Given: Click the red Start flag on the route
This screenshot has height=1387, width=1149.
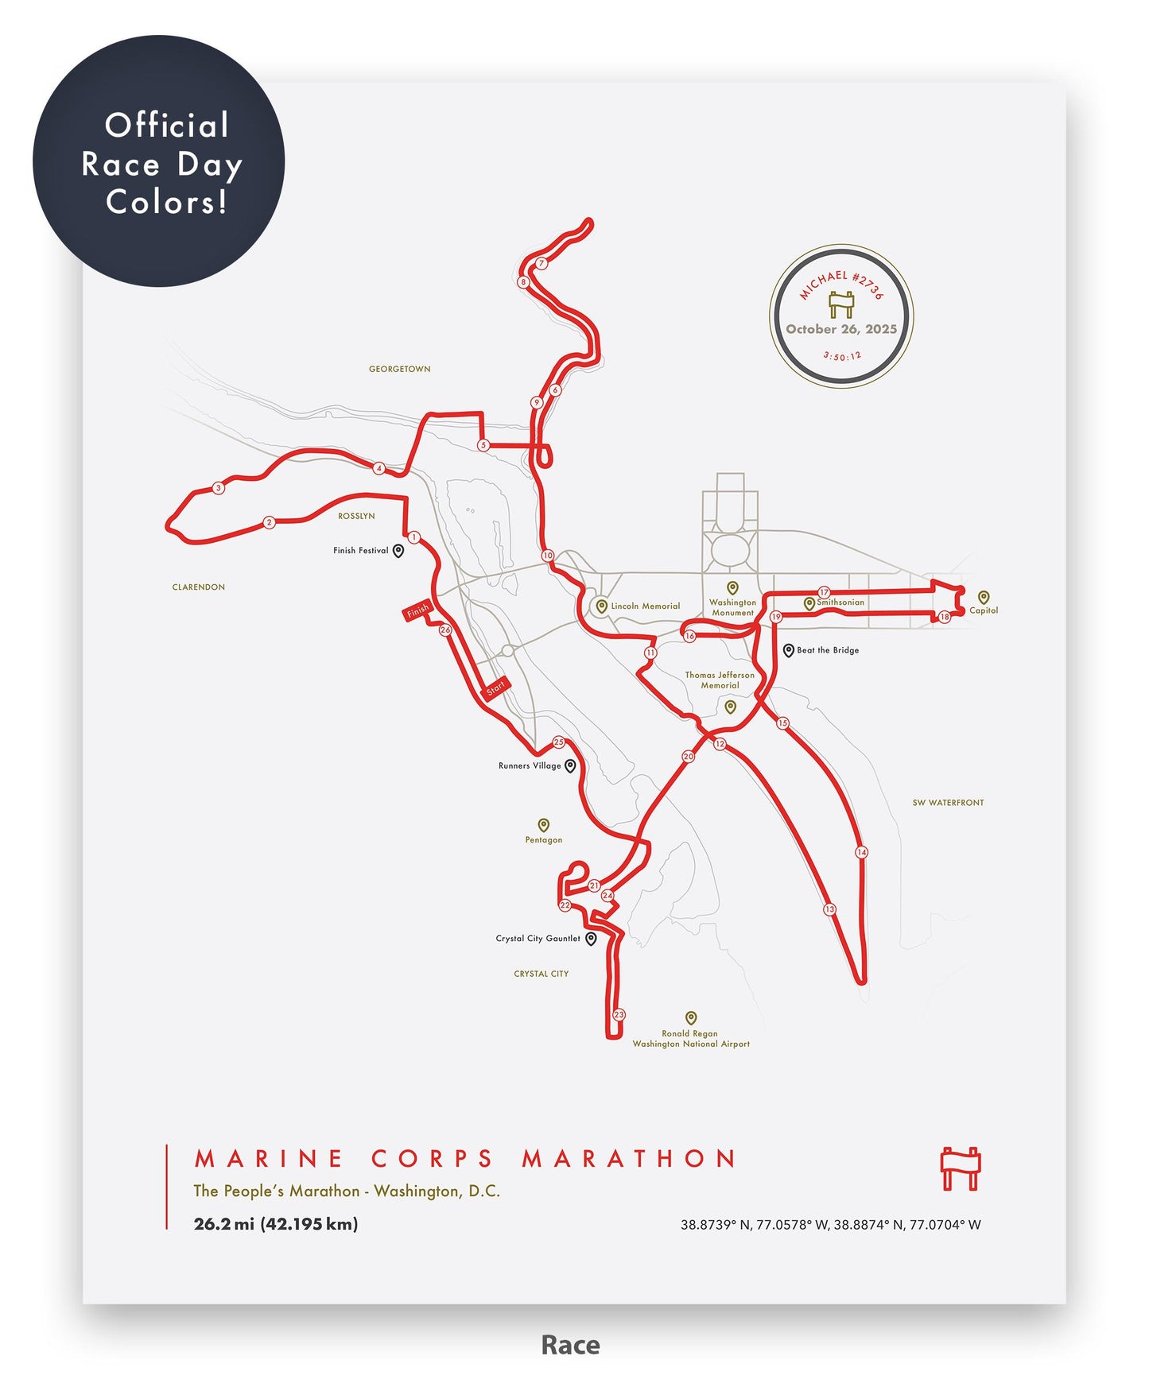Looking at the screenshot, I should tap(495, 688).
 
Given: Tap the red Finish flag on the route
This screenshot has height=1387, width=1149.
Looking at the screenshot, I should tap(418, 610).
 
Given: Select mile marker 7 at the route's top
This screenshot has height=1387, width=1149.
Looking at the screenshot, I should tap(542, 263).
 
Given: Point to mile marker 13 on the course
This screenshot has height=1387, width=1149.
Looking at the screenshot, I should tap(829, 909).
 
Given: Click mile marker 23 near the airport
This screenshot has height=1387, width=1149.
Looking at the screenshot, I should tap(619, 1015).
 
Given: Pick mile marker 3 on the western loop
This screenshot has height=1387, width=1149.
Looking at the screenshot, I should tap(219, 488).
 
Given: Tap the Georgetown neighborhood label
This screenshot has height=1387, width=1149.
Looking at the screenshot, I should tap(399, 369).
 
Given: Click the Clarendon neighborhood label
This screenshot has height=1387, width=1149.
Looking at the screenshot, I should tap(199, 587).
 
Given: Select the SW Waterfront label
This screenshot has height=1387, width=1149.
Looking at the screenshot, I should tap(948, 803).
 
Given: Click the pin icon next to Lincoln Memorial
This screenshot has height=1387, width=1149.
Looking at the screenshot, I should tap(602, 606).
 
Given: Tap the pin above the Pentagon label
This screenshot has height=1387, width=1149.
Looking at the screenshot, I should tap(544, 825).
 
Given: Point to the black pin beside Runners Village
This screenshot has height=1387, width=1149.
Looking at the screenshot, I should tap(570, 766).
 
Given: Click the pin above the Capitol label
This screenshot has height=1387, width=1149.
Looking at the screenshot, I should tap(984, 597).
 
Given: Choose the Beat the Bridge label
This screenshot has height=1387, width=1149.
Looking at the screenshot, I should tap(828, 650).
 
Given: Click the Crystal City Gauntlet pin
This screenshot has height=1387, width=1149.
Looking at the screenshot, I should tap(591, 939).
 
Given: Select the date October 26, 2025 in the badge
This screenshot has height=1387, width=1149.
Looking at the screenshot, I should tap(841, 329).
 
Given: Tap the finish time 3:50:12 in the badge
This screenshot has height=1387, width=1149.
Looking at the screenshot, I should tap(842, 357).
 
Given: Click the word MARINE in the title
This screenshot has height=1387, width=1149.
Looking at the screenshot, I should tap(269, 1159).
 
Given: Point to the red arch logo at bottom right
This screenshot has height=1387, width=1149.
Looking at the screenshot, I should tap(961, 1168).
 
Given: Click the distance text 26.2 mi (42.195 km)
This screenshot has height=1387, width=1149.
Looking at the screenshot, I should tap(276, 1224).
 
